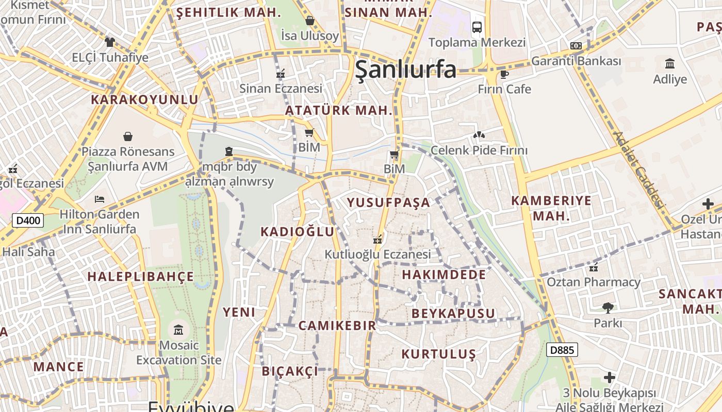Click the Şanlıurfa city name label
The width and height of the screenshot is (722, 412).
pos(406,69)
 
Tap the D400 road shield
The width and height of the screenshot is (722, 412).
pos(28,221)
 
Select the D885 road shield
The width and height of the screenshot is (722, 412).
pos(562,350)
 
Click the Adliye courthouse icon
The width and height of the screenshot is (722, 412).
pos(670,64)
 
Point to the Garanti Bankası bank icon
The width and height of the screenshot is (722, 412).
pos(576,46)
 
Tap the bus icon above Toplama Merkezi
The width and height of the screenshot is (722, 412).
pos(477,27)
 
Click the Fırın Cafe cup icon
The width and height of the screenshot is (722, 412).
pos(504,75)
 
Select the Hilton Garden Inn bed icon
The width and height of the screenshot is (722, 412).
pos(100,199)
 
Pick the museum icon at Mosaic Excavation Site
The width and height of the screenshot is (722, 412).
pos(178,329)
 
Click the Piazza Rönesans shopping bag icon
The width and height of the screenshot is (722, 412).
pos(127,136)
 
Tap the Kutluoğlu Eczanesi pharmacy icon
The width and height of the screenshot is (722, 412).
pos(378,239)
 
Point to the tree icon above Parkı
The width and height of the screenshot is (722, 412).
pos(608,308)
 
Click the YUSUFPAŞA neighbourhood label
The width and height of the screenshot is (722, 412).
pos(388,202)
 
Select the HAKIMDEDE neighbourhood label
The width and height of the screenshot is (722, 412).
pos(444,274)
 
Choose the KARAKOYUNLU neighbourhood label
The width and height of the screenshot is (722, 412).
pos(144,99)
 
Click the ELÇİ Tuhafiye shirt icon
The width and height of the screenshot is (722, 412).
pos(109,42)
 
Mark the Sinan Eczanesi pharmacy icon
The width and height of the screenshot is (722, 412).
pos(281,74)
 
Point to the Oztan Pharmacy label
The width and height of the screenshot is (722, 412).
pos(594,282)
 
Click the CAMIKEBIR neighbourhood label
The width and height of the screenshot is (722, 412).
pos(337,325)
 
